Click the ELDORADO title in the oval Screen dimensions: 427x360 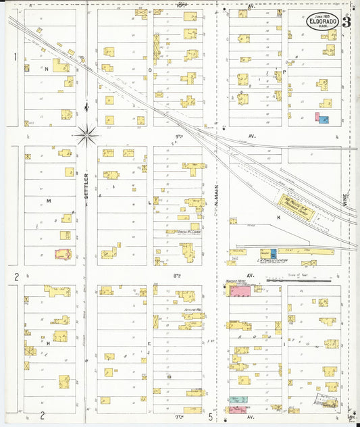pos(323,22)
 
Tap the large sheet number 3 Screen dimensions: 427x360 pos(346,21)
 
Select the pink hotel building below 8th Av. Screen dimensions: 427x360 pos(240,291)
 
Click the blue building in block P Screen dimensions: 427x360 pos(324,119)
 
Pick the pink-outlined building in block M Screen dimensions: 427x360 pos(63,254)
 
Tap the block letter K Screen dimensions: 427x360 pos(278,218)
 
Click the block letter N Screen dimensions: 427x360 pos(47,69)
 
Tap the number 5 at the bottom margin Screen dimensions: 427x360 pos(211,417)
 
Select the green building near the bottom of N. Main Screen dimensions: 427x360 pos(236,400)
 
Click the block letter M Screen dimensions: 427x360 pos(49,201)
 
